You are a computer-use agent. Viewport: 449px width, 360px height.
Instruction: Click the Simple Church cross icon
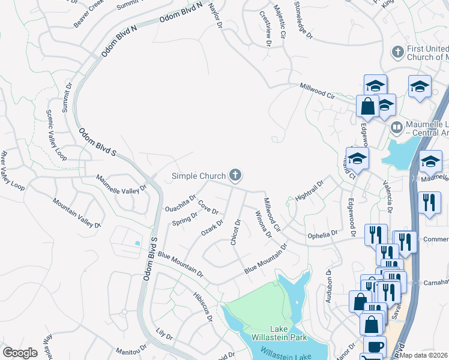click(x=235, y=175)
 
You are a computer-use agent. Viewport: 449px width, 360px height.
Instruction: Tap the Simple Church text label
click(x=199, y=176)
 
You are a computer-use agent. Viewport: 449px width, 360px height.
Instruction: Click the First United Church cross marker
click(x=397, y=52)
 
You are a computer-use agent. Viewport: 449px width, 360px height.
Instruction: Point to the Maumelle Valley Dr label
click(x=122, y=184)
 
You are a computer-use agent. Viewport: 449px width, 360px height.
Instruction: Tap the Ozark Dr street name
click(x=212, y=228)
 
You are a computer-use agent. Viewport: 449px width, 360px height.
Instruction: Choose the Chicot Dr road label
click(x=235, y=232)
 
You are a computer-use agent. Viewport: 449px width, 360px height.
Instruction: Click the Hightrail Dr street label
click(x=310, y=190)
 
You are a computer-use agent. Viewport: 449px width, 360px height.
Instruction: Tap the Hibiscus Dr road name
click(x=202, y=307)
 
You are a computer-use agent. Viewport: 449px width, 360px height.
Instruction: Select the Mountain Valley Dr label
click(x=76, y=213)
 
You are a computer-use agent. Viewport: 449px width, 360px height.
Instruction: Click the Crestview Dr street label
click(x=265, y=28)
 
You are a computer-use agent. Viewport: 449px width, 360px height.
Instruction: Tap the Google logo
click(x=20, y=353)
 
